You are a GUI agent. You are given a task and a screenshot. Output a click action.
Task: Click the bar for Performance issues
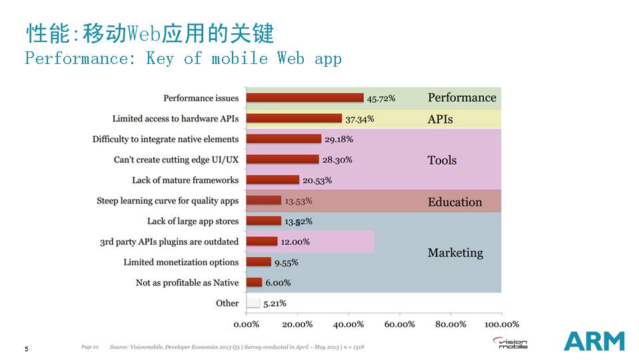coord(305,98)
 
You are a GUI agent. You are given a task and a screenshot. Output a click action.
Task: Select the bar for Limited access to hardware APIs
coord(294,119)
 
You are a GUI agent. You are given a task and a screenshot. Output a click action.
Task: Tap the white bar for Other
coord(253,303)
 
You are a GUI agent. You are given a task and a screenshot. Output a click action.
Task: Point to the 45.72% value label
coord(381,99)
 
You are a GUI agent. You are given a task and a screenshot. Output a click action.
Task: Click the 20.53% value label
coord(317,180)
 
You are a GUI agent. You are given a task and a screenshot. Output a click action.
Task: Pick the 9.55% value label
coord(287,263)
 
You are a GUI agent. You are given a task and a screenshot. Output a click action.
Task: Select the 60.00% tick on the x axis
coord(399,324)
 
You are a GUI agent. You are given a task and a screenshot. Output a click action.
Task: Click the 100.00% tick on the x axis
coord(501,324)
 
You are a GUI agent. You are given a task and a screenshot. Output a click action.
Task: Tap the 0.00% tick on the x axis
coord(246,324)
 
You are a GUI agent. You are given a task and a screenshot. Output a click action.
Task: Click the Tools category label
coord(442,160)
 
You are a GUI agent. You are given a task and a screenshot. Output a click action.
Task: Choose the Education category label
coord(454,202)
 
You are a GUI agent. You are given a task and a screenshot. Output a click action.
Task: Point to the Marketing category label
coord(455,253)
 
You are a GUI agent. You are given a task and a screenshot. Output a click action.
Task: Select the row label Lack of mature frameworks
coord(185,180)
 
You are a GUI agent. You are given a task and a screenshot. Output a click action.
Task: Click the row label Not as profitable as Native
coord(187,283)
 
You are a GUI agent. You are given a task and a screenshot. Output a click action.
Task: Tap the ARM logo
coord(594,341)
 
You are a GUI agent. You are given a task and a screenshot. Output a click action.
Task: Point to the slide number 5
coord(27,349)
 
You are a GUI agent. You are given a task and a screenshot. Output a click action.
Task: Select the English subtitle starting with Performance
coord(183,59)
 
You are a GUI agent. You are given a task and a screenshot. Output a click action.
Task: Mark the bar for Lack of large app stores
coord(264,221)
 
